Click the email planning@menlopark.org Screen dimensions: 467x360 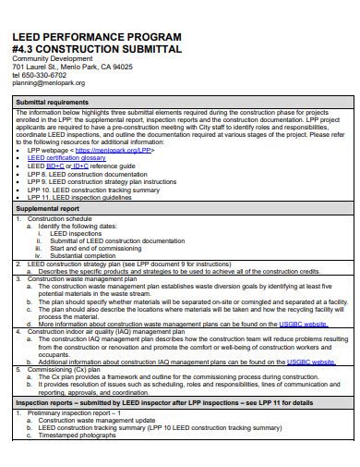pos(48,83)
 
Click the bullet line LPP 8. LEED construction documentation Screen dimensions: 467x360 pos(87,173)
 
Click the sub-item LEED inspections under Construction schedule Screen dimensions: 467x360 pos(78,233)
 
